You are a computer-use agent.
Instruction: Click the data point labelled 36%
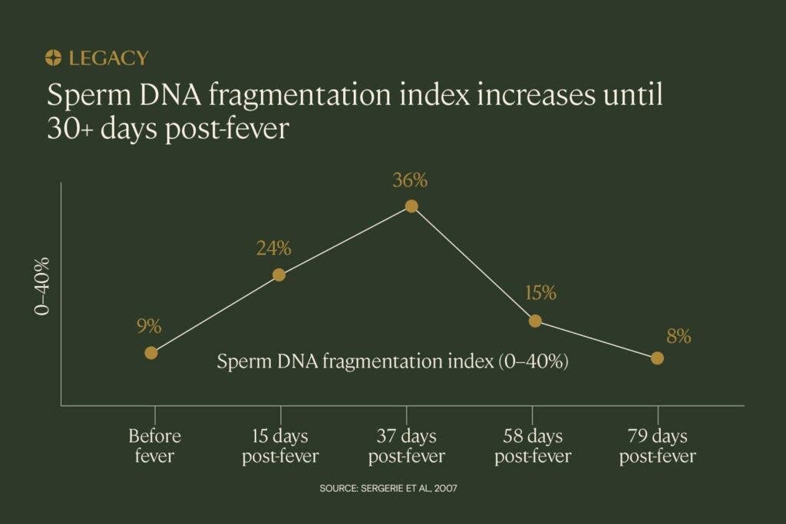(411, 206)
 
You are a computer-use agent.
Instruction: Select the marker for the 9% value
(151, 353)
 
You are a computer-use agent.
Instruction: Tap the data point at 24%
(279, 275)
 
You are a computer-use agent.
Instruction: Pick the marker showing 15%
(535, 321)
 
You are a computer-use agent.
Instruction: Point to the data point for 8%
(657, 358)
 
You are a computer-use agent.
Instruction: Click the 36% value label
(410, 180)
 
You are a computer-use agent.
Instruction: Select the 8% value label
(679, 336)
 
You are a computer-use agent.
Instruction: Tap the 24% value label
(274, 248)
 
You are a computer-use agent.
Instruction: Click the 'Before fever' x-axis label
(154, 446)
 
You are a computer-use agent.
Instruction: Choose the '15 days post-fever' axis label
(280, 446)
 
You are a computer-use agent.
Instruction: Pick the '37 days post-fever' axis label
(407, 446)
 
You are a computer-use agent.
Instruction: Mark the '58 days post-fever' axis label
(533, 446)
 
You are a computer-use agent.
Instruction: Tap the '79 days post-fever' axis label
(658, 446)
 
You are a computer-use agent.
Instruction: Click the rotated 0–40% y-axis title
(42, 286)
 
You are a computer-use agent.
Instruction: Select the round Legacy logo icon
(53, 58)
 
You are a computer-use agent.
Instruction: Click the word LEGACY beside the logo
(109, 58)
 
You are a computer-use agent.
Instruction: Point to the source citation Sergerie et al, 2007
(388, 488)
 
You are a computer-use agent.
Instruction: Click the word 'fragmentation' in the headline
(299, 94)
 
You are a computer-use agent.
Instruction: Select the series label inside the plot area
(392, 361)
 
